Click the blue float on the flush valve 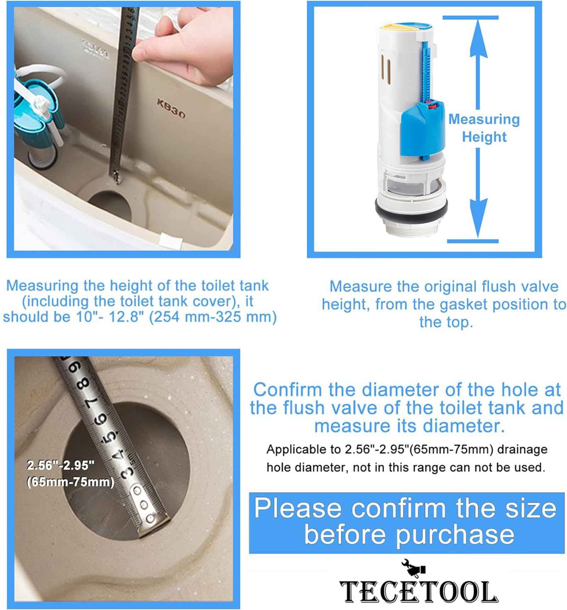(x=422, y=128)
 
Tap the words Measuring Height (x=484, y=128)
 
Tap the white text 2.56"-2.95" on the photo (x=60, y=466)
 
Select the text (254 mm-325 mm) (x=213, y=317)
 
